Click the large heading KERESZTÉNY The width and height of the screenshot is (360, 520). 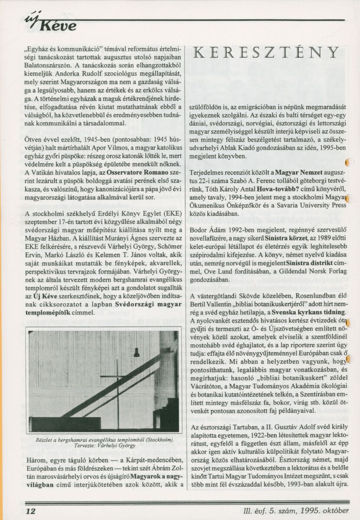pyautogui.click(x=266, y=52)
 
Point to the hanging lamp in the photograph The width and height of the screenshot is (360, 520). pyautogui.click(x=136, y=353)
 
